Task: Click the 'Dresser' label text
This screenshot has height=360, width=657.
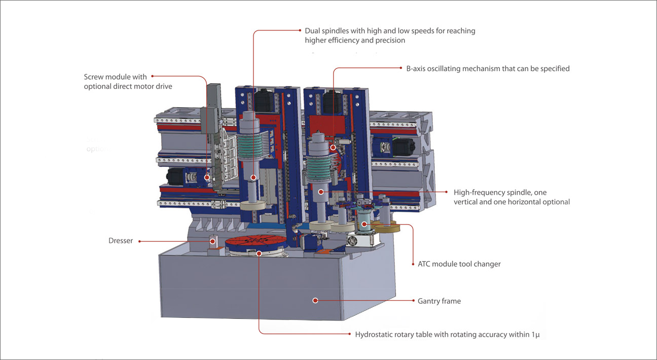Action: point(121,241)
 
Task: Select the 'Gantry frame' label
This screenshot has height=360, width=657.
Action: point(439,301)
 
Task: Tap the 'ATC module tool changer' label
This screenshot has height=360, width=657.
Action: point(459,264)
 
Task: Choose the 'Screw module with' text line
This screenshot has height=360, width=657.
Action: point(115,77)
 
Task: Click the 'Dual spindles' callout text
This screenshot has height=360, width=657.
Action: point(390,31)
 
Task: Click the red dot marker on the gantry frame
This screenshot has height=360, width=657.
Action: point(315,301)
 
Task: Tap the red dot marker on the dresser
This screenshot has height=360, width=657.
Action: point(213,241)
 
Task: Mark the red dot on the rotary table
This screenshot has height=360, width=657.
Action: point(259,253)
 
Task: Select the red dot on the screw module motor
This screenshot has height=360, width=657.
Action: point(207,178)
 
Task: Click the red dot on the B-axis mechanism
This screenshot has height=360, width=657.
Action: point(333,148)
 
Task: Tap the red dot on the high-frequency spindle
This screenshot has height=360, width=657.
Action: point(321,192)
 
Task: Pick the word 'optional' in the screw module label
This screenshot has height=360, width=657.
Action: point(98,87)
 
